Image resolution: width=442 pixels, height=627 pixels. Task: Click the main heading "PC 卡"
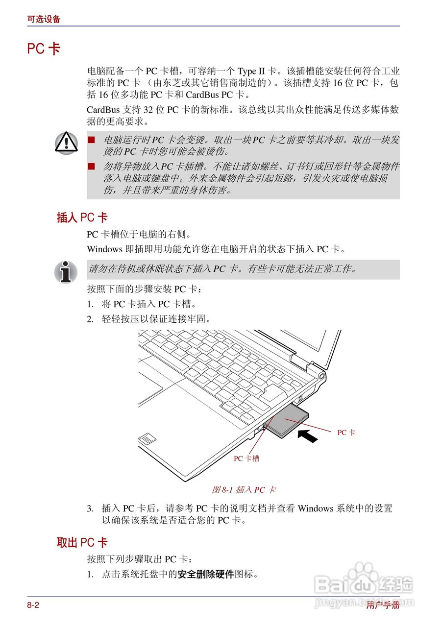coord(44,49)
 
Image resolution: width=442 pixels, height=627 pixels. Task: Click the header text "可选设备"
coord(44,20)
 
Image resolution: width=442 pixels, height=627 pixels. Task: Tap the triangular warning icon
coord(66,142)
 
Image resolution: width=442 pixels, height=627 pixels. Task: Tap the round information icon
coord(66,272)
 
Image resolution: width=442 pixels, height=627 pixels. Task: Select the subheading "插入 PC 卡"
coord(82,217)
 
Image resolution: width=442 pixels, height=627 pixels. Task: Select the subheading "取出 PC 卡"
coord(82,543)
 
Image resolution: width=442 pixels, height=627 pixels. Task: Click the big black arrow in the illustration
coord(308,435)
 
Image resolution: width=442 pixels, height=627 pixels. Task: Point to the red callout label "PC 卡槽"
coord(246,458)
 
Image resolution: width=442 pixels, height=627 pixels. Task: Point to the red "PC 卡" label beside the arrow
coord(346,433)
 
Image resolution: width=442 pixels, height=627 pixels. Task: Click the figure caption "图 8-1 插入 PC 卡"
coord(244,489)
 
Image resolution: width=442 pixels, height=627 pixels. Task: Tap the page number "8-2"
coord(33,605)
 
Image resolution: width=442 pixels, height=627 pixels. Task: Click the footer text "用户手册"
coord(383,605)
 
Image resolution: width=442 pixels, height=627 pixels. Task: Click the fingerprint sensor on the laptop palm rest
coord(146,439)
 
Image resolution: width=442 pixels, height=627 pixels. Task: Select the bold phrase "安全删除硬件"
coord(206,574)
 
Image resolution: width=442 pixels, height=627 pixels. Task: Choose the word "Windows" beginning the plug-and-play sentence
coord(104,249)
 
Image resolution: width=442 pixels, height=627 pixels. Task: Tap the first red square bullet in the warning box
coord(91,140)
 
